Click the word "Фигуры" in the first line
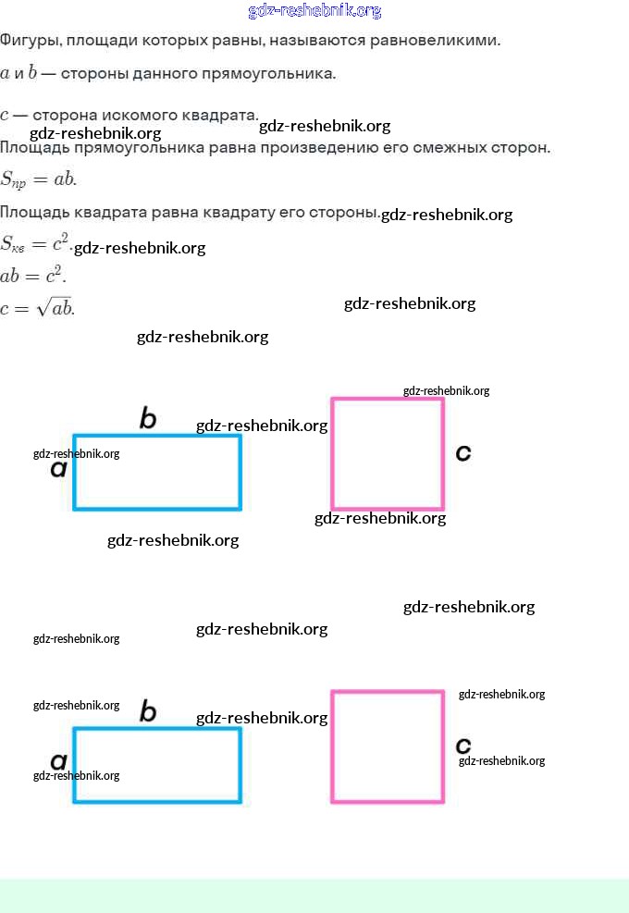point(29,42)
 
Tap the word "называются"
point(314,42)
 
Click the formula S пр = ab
point(38,179)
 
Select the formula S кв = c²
point(35,245)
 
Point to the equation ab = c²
point(33,276)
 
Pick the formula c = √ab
point(37,308)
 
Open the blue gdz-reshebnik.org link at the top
point(314,11)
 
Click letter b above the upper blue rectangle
point(147,419)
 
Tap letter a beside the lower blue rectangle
point(58,762)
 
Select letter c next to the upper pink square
point(463,452)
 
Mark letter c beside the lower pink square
point(463,745)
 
